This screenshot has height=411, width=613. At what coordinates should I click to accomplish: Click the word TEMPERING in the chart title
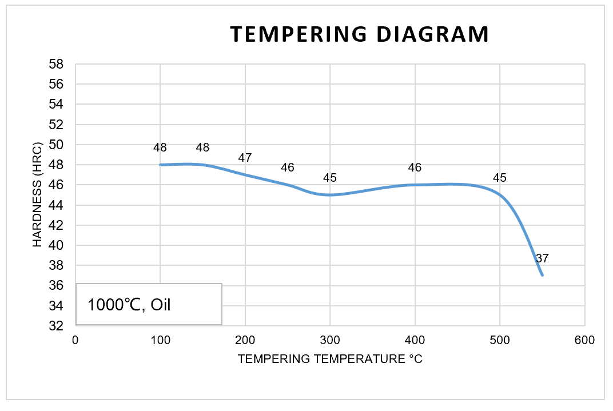(x=298, y=34)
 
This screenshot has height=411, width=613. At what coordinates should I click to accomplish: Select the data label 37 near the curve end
(x=542, y=258)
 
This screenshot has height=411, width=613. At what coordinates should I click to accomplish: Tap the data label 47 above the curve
(x=245, y=158)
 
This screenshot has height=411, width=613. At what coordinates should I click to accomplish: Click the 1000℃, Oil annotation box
(x=149, y=304)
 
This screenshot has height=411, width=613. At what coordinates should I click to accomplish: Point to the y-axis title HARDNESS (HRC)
(x=38, y=195)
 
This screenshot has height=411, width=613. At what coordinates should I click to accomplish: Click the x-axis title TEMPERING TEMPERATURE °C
(x=330, y=359)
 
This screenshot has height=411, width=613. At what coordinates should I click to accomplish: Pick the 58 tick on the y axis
(x=55, y=64)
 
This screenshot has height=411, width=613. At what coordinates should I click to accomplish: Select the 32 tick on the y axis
(x=55, y=326)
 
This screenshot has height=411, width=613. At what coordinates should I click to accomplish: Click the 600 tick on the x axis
(x=584, y=340)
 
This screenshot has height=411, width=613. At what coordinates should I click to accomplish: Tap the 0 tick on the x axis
(x=75, y=340)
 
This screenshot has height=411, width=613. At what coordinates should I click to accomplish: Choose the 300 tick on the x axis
(x=330, y=340)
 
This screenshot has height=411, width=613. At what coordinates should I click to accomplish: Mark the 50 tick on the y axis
(x=55, y=145)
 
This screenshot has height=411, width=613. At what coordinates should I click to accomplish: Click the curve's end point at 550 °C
(x=542, y=276)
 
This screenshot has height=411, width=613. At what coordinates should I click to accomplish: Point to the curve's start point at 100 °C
(x=160, y=165)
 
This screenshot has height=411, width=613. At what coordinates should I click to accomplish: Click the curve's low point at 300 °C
(x=330, y=195)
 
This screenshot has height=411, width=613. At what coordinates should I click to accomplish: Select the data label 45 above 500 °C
(x=500, y=178)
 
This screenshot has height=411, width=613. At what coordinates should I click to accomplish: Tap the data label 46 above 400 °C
(x=415, y=167)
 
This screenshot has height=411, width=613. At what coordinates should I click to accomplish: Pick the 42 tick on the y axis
(x=55, y=225)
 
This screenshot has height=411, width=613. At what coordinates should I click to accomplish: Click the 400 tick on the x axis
(x=415, y=340)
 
